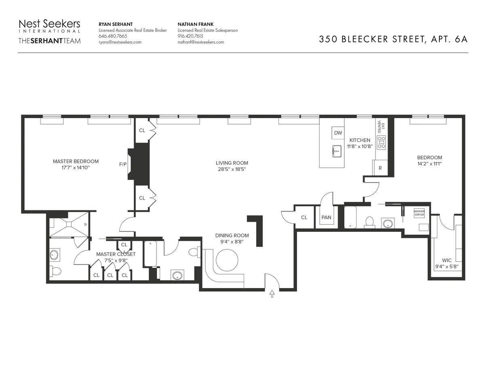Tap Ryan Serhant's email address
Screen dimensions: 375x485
point(120,42)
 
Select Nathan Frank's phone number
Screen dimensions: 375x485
point(190,36)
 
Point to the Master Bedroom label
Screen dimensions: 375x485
point(76,161)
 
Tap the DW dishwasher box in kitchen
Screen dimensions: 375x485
point(338,133)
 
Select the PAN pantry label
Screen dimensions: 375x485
point(326,218)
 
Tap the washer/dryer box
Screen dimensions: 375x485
point(419,213)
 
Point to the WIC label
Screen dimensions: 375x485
point(447,260)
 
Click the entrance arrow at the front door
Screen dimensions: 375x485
point(272,294)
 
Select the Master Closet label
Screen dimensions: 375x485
point(116,254)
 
